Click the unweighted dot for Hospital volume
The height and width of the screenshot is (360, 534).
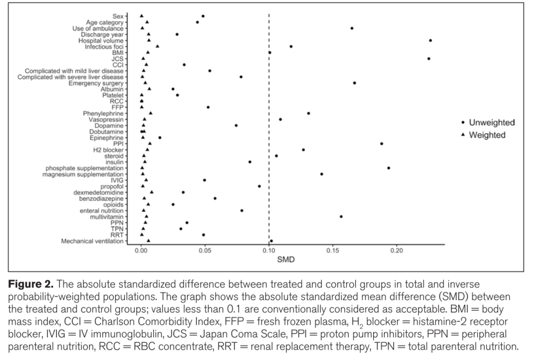click(x=430, y=40)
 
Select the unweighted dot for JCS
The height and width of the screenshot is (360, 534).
click(x=428, y=59)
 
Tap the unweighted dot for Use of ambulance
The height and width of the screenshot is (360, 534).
click(x=352, y=28)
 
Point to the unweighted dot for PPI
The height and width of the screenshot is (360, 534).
click(x=381, y=144)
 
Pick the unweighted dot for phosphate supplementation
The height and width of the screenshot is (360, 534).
click(x=389, y=168)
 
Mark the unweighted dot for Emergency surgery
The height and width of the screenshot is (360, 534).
click(x=354, y=83)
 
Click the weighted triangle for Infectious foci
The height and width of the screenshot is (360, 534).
click(x=158, y=46)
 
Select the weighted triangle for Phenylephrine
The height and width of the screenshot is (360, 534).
click(x=150, y=113)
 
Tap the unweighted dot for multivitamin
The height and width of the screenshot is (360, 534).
click(x=341, y=217)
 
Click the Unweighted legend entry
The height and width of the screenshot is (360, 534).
click(x=491, y=123)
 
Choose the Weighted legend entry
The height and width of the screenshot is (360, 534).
click(x=486, y=135)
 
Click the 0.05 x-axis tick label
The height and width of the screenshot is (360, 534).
click(x=205, y=251)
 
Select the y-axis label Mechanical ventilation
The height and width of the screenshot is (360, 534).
click(x=92, y=241)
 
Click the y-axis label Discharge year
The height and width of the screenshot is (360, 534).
click(x=102, y=34)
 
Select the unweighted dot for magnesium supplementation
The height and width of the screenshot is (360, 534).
click(x=322, y=174)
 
